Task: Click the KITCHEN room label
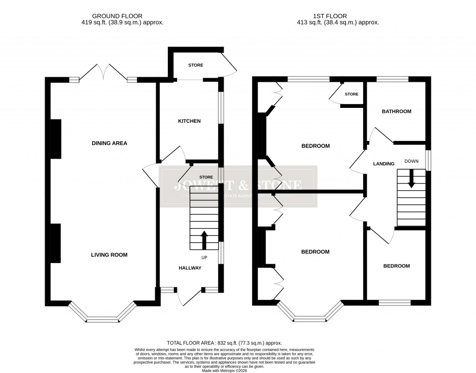pyautogui.click(x=189, y=121)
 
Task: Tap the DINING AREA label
pyautogui.click(x=109, y=143)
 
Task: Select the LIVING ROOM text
pyautogui.click(x=109, y=255)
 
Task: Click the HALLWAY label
pyautogui.click(x=190, y=268)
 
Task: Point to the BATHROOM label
pyautogui.click(x=397, y=112)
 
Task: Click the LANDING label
pyautogui.click(x=384, y=164)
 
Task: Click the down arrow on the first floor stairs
pyautogui.click(x=411, y=179)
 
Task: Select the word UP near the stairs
pyautogui.click(x=204, y=257)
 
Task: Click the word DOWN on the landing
pyautogui.click(x=411, y=161)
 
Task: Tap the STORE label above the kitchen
pyautogui.click(x=196, y=65)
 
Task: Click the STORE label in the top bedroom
pyautogui.click(x=352, y=94)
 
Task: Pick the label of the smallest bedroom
pyautogui.click(x=397, y=266)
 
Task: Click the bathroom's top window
pyautogui.click(x=392, y=80)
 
